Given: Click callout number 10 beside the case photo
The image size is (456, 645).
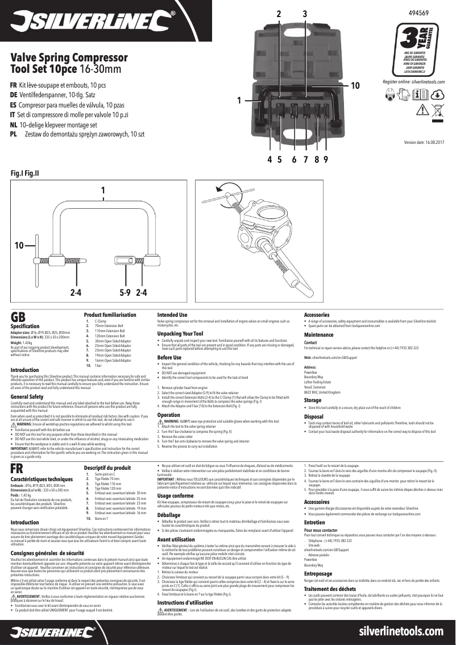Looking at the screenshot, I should coord(355,85).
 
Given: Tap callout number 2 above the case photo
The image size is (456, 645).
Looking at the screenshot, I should coord(279,13).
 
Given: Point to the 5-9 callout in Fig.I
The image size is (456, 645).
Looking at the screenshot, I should coord(126,293).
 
